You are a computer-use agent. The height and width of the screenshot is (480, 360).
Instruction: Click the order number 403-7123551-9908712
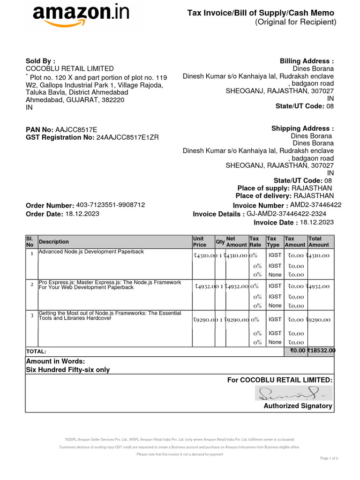coord(110,205)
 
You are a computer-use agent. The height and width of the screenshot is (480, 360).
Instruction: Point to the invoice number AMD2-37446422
coord(315,205)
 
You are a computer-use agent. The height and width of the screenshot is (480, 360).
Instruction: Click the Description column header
coord(53,242)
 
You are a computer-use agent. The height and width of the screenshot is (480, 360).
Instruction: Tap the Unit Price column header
coord(200,242)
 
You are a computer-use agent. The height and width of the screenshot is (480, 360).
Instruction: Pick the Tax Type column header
coord(273,242)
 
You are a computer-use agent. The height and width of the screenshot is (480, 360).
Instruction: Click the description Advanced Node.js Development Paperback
coord(91,252)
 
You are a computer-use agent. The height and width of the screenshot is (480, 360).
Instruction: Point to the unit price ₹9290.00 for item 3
coord(204,320)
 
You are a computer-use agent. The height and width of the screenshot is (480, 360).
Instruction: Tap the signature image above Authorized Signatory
coord(293,393)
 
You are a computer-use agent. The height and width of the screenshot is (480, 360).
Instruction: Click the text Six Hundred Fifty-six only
coord(68,370)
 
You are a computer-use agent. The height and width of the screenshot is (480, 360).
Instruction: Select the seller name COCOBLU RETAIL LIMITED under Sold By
coord(69,68)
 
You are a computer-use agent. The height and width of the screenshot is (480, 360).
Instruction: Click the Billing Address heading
coord(307,61)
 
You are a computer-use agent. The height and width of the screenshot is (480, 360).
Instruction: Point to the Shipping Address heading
coord(302,128)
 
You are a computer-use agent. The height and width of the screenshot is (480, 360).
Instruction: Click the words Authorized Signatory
coord(298,406)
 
